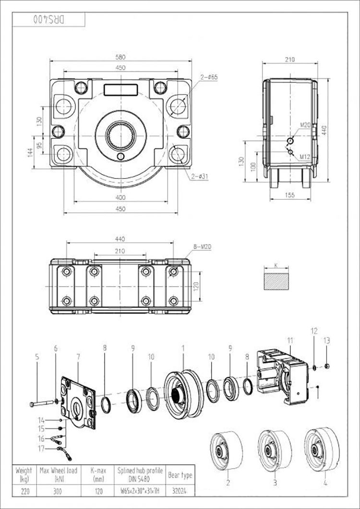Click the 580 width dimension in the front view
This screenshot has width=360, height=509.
[x=120, y=57]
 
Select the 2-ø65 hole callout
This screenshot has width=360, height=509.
[x=209, y=77]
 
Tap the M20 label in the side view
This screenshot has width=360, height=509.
[x=305, y=125]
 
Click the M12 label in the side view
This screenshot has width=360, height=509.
[x=304, y=157]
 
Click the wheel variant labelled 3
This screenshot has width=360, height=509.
[x=275, y=447]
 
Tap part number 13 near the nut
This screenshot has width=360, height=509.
[x=327, y=341]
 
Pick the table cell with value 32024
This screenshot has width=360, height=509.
[x=180, y=492]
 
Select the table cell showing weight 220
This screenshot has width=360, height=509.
[x=24, y=492]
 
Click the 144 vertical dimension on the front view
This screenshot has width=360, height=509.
[x=30, y=152]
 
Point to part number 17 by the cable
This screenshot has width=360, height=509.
[x=42, y=449]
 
